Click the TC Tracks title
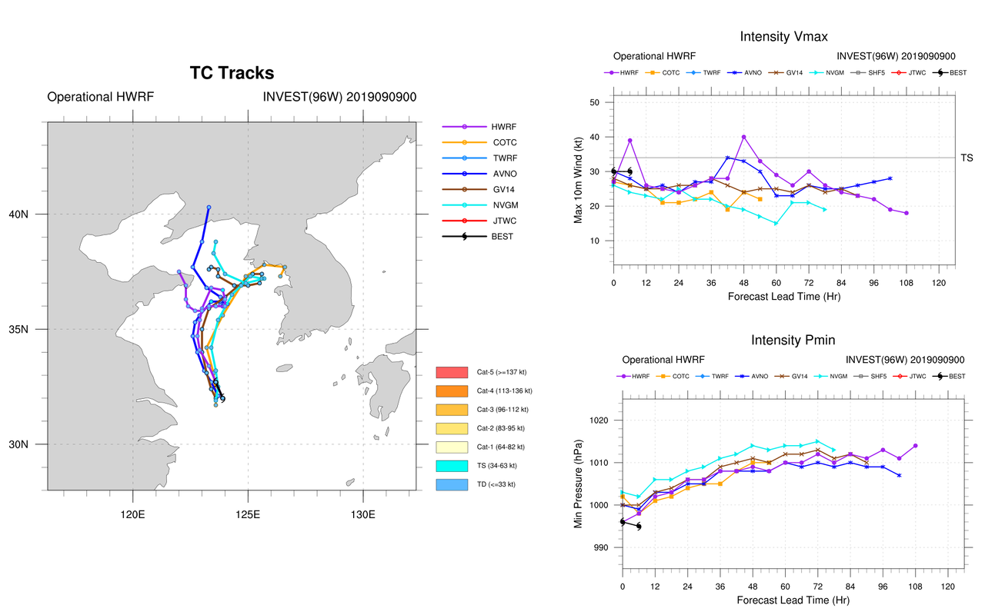click(x=232, y=73)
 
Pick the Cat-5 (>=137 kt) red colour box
click(x=452, y=372)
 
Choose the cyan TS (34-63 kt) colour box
click(x=452, y=466)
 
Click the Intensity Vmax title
click(x=784, y=37)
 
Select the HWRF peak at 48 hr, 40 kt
click(x=743, y=137)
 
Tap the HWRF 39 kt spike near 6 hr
click(x=630, y=141)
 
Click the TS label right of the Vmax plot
click(x=966, y=158)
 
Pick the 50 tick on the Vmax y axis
click(x=596, y=102)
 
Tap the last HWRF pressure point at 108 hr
click(x=915, y=446)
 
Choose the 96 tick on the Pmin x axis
click(x=882, y=586)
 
